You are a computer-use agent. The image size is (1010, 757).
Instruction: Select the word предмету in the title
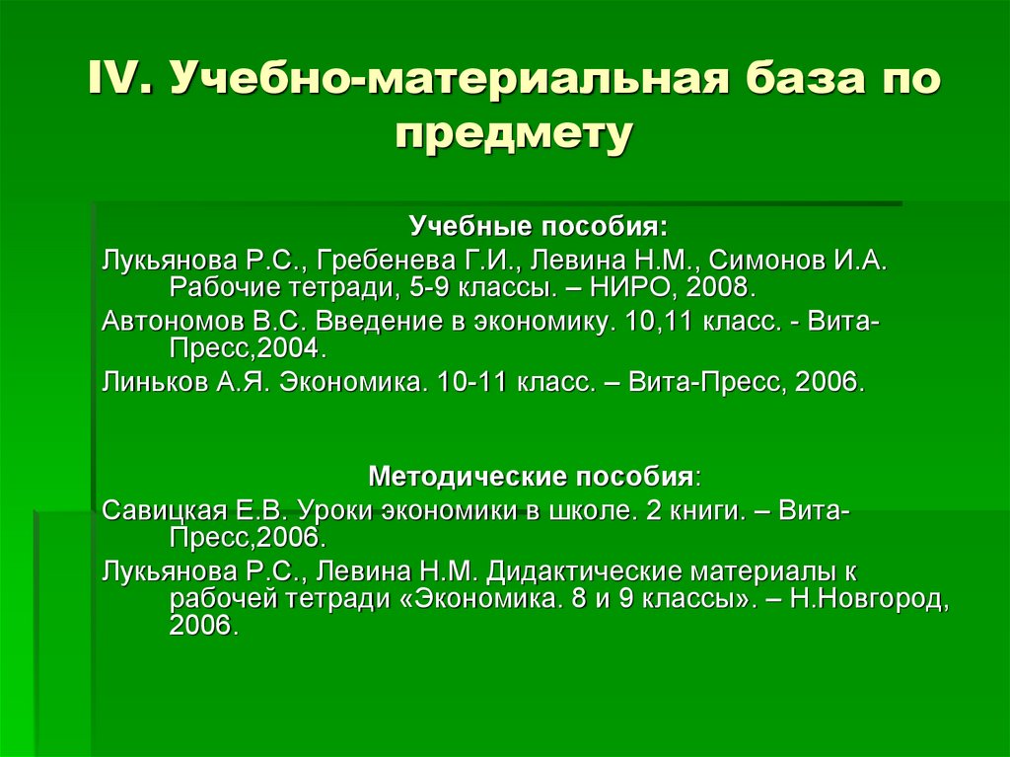pos(512,134)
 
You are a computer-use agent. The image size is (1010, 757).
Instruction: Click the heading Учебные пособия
pos(539,228)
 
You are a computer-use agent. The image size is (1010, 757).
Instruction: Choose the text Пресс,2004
pos(246,350)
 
